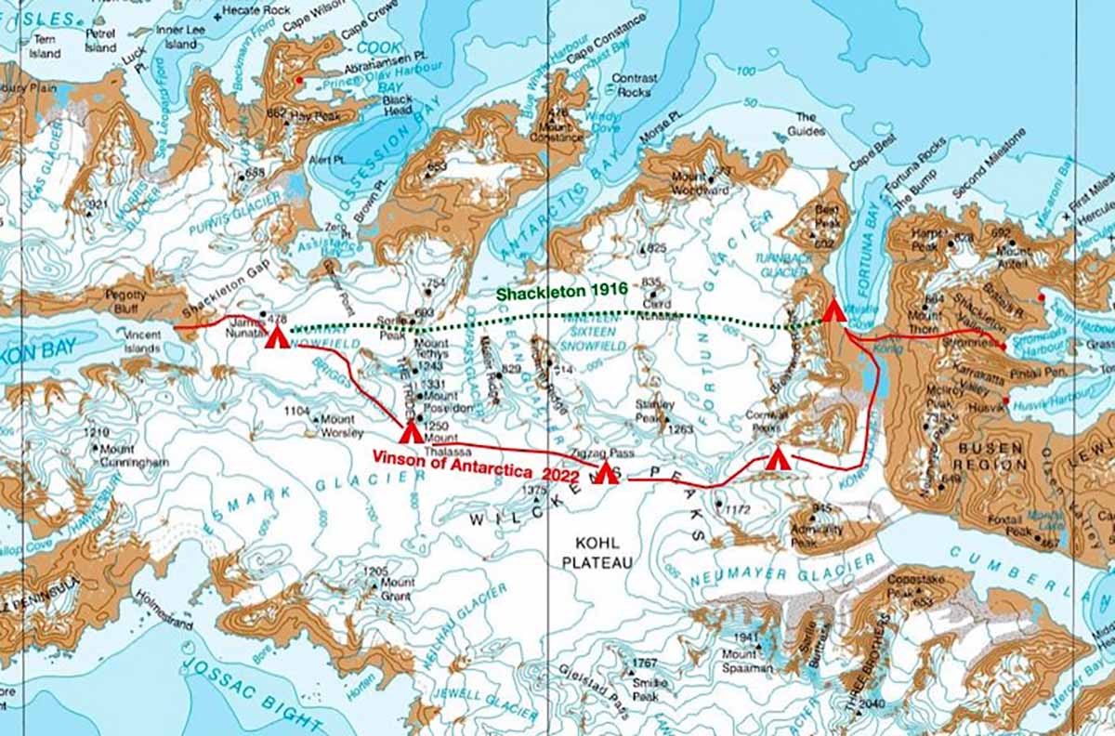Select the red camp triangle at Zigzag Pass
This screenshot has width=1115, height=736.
tap(605, 472)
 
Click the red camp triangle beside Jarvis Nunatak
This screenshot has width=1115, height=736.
tap(274, 335)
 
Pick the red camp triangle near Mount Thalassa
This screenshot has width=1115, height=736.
tap(410, 431)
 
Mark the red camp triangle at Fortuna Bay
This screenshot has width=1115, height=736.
tap(833, 309)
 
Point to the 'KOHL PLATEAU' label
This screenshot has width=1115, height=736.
tap(597, 553)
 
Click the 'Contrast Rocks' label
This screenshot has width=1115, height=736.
tap(635, 85)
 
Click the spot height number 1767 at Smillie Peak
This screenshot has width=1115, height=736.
tap(644, 664)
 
